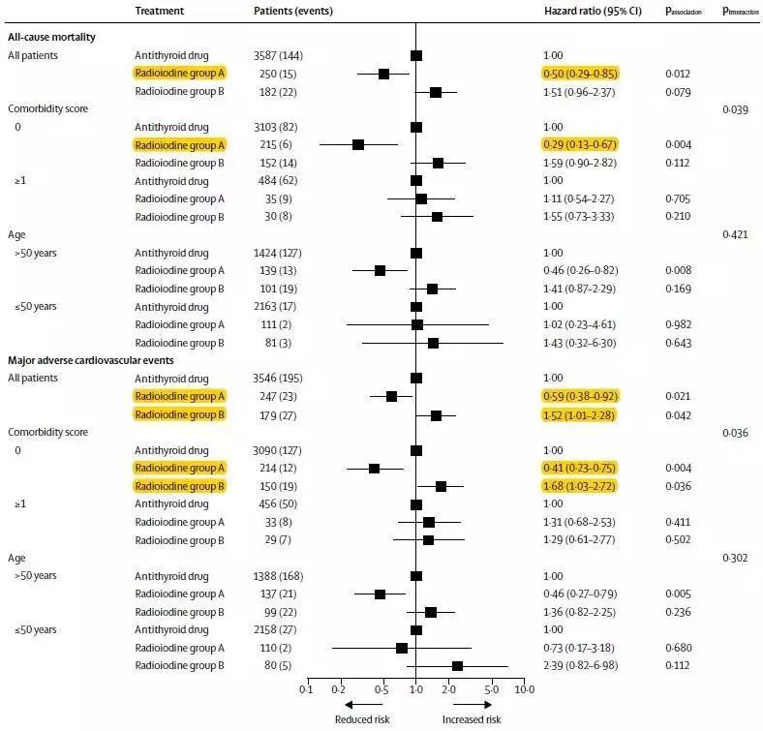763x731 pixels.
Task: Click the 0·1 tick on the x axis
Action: (307, 690)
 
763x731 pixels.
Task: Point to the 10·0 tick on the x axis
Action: (524, 690)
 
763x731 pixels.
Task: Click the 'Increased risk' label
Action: (472, 719)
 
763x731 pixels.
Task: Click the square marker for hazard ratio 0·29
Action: (358, 144)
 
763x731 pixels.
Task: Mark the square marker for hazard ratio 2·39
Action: (457, 665)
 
